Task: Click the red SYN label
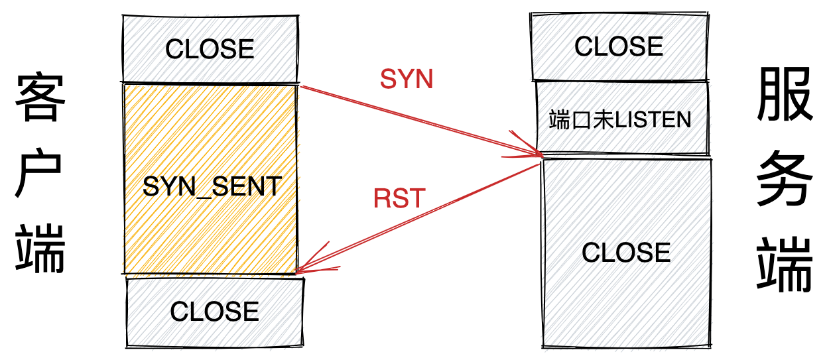[406, 80]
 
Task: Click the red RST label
[399, 199]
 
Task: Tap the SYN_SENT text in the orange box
[212, 186]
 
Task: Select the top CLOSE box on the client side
[210, 49]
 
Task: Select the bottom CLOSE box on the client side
[214, 312]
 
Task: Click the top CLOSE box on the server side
[618, 46]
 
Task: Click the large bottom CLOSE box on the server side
[626, 253]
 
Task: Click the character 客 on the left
[40, 97]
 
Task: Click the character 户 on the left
[40, 176]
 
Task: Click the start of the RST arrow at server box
[541, 164]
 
